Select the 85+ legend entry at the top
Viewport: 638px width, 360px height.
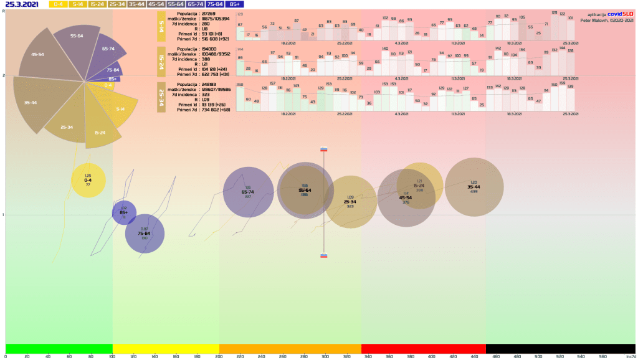click(235, 4)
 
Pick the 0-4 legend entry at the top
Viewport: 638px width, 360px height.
click(58, 4)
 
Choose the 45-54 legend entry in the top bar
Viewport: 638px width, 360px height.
click(156, 4)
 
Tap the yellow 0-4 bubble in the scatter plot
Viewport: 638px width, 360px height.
click(88, 180)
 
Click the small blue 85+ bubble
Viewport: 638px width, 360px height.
click(124, 213)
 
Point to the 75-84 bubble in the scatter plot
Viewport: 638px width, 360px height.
click(145, 234)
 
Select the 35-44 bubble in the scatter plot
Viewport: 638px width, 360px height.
click(474, 187)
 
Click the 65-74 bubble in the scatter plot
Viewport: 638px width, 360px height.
click(248, 192)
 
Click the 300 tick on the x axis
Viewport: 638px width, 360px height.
click(324, 357)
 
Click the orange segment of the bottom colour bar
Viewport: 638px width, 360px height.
click(290, 348)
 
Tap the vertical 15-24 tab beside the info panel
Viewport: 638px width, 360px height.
click(161, 62)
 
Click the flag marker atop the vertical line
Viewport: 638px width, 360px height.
click(324, 149)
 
